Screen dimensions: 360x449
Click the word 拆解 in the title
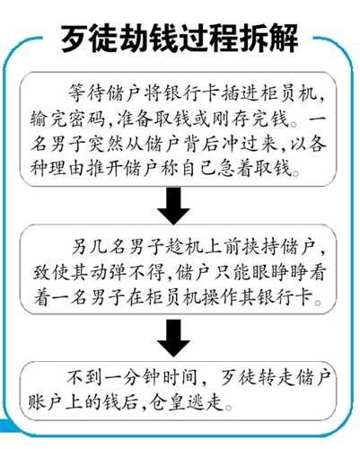coord(268,39)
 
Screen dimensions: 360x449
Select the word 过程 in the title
coord(209,39)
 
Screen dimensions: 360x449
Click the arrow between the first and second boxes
coord(174,206)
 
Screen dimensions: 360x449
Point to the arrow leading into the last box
coord(174,339)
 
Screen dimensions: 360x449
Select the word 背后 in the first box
coord(198,144)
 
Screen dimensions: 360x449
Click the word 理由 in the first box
coord(66,169)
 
